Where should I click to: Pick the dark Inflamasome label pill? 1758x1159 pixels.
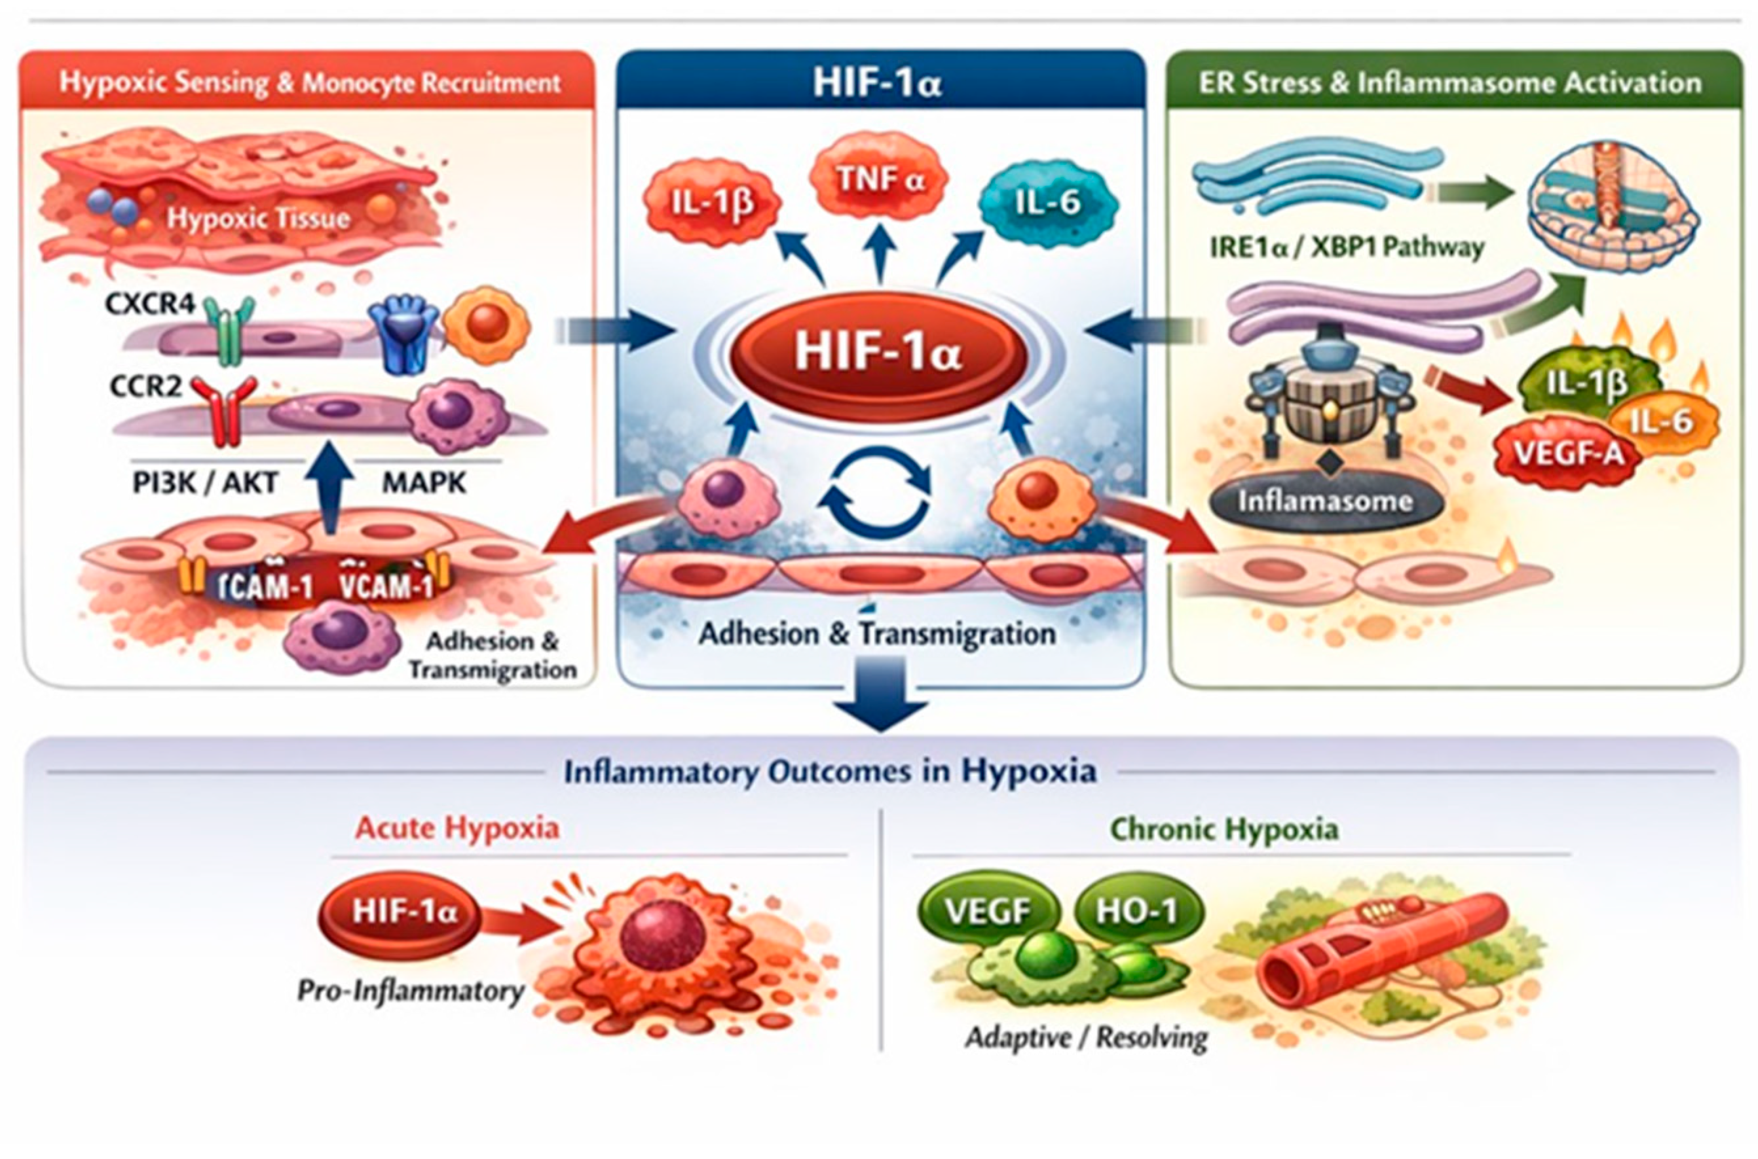tap(1325, 502)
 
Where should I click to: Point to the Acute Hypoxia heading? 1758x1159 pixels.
tap(457, 828)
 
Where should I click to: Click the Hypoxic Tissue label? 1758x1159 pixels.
tap(257, 218)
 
